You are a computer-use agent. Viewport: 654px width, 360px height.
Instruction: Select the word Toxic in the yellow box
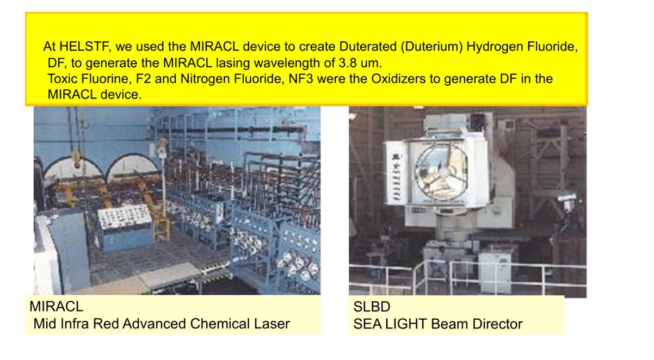pyautogui.click(x=62, y=78)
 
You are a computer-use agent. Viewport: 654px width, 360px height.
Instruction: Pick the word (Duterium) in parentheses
pyautogui.click(x=432, y=46)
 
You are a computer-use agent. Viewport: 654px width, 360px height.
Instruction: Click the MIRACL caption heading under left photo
pyautogui.click(x=57, y=306)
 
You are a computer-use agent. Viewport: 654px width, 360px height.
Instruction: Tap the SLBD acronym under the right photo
pyautogui.click(x=372, y=307)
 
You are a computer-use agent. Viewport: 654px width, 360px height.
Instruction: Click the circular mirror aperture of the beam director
pyautogui.click(x=441, y=172)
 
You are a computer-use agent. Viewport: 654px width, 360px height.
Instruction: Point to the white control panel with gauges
pyautogui.click(x=125, y=216)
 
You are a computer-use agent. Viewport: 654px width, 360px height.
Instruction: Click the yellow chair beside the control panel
pyautogui.click(x=160, y=222)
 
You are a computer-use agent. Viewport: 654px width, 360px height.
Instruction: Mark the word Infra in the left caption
pyautogui.click(x=75, y=324)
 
